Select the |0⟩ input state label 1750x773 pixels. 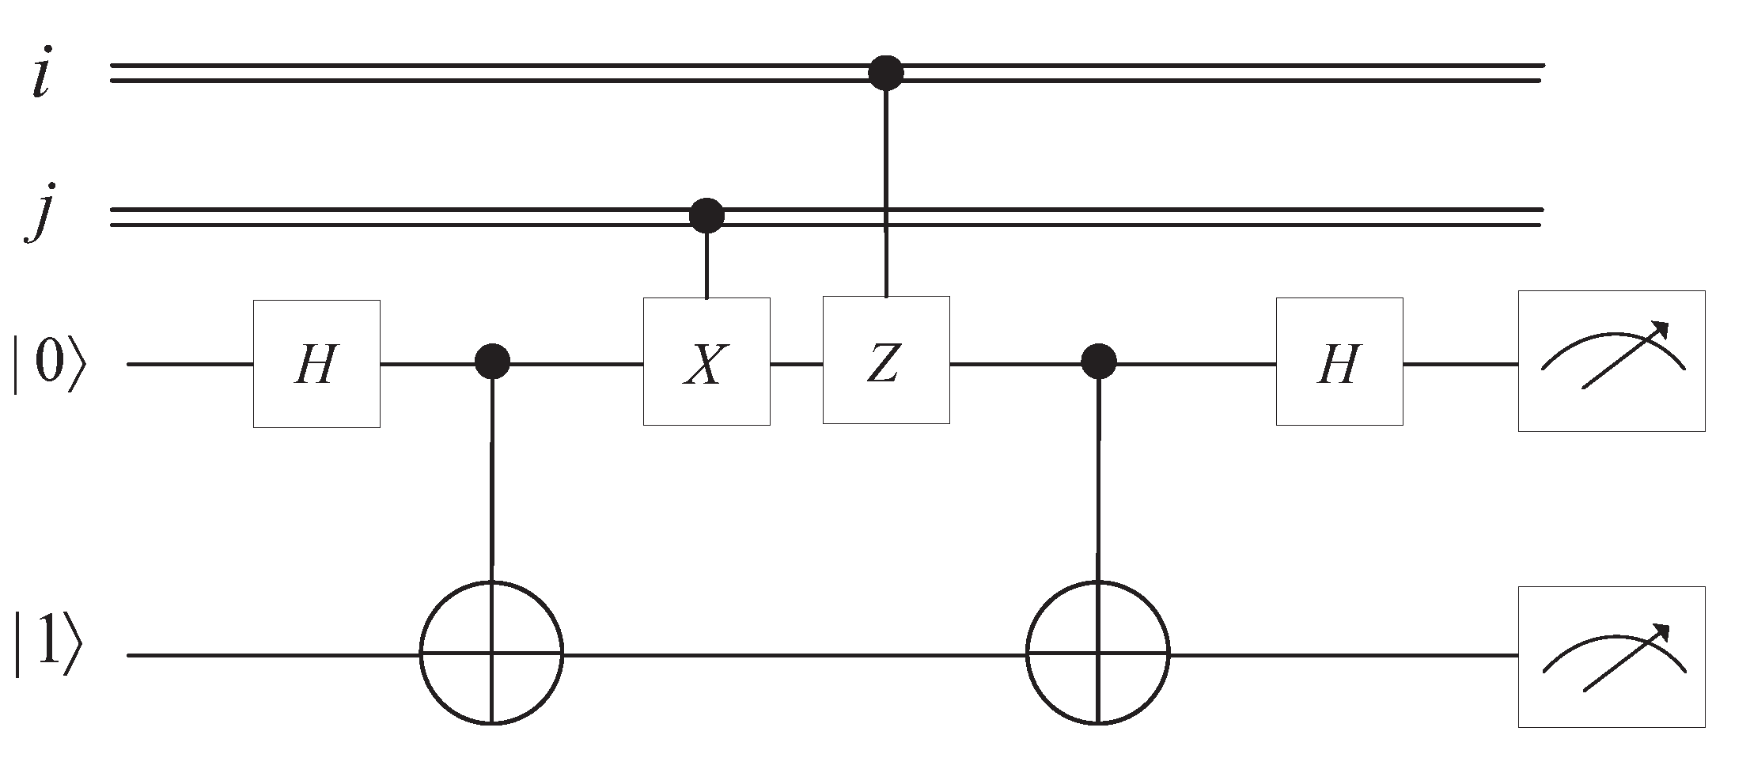[46, 365]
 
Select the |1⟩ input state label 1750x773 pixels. [46, 654]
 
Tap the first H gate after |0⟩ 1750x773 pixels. [316, 364]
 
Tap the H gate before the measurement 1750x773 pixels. [1339, 362]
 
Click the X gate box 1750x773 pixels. [706, 362]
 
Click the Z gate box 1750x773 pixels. [886, 361]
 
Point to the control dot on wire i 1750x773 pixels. [886, 73]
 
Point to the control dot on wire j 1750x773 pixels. [706, 214]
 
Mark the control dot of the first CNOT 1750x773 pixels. [493, 363]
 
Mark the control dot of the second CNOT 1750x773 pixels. [1099, 362]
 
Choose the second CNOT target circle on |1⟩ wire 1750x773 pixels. [1098, 654]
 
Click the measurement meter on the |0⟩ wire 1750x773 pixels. [1611, 362]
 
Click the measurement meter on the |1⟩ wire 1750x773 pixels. [1611, 657]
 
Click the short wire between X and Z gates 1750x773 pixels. [797, 365]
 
